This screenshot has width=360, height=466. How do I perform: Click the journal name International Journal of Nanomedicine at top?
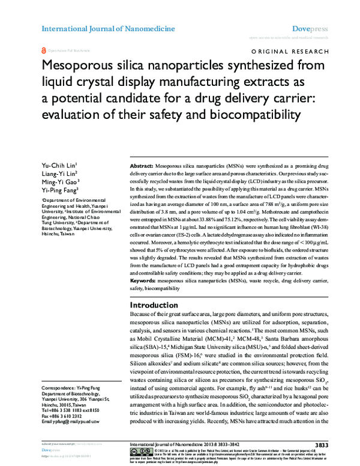pyautogui.click(x=108, y=28)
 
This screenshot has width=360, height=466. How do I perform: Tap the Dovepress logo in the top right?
pyautogui.click(x=309, y=28)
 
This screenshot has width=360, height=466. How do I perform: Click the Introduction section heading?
pyautogui.click(x=158, y=305)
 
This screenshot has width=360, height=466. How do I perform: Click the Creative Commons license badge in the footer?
pyautogui.click(x=139, y=453)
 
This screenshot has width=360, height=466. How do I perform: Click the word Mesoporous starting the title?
pyautogui.click(x=82, y=66)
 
